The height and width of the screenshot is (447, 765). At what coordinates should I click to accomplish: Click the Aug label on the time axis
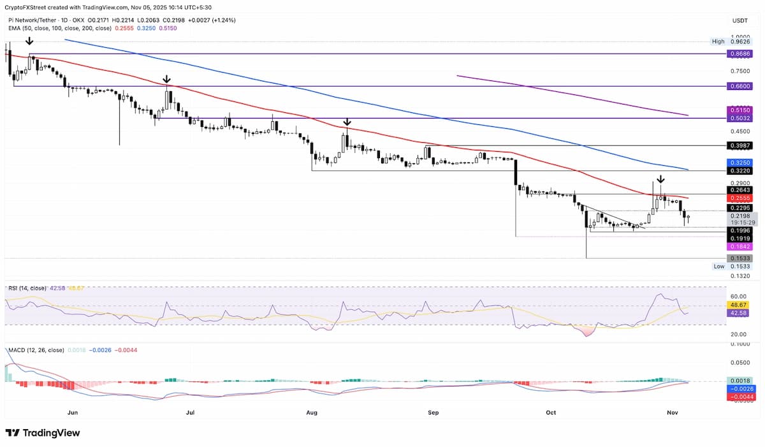click(312, 413)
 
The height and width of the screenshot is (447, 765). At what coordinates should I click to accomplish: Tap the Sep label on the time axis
click(433, 413)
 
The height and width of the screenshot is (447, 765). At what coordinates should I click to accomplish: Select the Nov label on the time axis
click(670, 413)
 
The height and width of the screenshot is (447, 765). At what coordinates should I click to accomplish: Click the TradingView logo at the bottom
click(43, 433)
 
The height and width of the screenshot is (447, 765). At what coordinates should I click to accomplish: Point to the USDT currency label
click(739, 21)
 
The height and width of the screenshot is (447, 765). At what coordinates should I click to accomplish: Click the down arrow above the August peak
click(347, 121)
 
